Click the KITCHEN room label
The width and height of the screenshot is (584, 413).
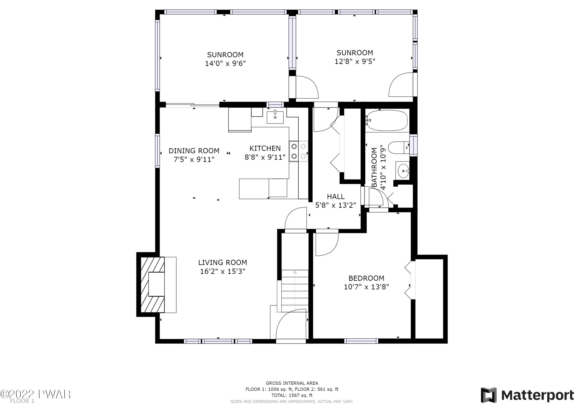coord(265,148)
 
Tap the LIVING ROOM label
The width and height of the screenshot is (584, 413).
coord(223,262)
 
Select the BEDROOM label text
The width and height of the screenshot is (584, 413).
coord(366,278)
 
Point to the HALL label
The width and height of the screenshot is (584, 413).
coord(336,196)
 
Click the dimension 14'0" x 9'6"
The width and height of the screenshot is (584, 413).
coord(225,63)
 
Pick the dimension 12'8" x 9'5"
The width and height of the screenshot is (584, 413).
coord(355,61)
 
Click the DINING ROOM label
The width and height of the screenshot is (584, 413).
coord(194,151)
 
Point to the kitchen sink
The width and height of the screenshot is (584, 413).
coord(275,117)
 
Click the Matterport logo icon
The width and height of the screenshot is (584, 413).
coord(488,395)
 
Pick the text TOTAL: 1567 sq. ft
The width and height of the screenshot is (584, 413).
coord(292,395)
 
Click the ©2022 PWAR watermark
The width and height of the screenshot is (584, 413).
coord(35,394)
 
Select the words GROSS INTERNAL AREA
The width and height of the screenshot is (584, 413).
coord(292,383)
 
